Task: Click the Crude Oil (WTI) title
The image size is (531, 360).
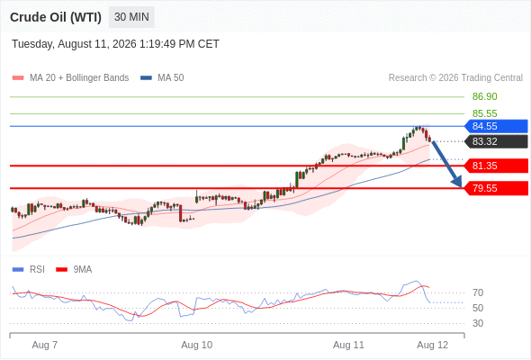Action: tap(56, 17)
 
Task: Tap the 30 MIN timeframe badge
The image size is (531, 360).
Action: tap(131, 17)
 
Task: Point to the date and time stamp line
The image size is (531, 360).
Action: tap(115, 44)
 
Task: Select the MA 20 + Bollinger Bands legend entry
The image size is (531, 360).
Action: tap(70, 78)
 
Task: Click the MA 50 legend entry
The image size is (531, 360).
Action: tap(162, 78)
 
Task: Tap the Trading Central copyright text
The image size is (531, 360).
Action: tap(455, 78)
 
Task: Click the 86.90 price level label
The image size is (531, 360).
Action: tap(484, 96)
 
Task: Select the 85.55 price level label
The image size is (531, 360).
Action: tap(484, 113)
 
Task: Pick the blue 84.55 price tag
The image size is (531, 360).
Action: tap(496, 126)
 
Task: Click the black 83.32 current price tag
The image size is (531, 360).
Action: tap(496, 141)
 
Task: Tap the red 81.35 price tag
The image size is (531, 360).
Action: tap(496, 166)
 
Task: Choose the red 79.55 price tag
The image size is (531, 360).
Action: tap(496, 188)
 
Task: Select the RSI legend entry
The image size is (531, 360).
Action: tap(29, 270)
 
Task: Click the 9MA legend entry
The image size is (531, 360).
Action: tap(74, 270)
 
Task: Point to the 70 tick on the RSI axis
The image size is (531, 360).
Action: tap(478, 292)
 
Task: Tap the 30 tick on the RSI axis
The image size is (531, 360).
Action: tap(478, 323)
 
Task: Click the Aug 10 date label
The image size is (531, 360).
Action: tap(197, 345)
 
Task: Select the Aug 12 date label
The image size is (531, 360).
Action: tap(433, 345)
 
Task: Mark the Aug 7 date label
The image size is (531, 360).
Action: tap(45, 345)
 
